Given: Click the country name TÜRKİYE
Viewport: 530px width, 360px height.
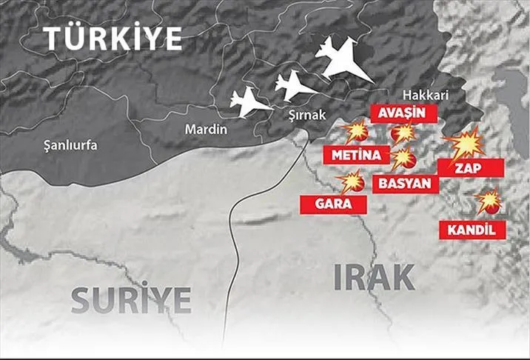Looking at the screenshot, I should click(112, 38).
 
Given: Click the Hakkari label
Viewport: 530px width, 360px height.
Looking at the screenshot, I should click(425, 96).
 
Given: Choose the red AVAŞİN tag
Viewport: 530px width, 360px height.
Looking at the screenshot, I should click(403, 113).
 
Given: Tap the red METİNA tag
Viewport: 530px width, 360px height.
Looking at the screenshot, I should click(356, 155).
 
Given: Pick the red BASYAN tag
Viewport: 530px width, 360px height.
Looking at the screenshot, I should click(406, 182).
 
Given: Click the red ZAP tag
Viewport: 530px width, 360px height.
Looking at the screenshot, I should click(469, 168).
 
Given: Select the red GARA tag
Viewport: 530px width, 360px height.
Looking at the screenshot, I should click(332, 204).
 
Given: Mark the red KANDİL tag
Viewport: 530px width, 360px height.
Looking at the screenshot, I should click(472, 230).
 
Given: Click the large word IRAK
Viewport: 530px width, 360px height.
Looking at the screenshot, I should click(374, 277).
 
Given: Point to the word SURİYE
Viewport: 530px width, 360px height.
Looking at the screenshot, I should click(131, 299).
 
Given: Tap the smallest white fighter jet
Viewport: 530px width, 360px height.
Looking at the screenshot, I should click(250, 103).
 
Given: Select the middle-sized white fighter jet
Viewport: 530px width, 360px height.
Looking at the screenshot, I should click(295, 85).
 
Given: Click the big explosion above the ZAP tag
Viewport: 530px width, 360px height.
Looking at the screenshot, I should click(465, 142).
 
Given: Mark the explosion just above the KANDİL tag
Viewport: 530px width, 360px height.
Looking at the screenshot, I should click(488, 201).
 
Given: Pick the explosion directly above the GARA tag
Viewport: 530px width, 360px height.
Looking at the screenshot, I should click(351, 181).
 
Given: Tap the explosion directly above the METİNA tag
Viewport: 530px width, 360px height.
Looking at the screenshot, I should click(356, 133).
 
